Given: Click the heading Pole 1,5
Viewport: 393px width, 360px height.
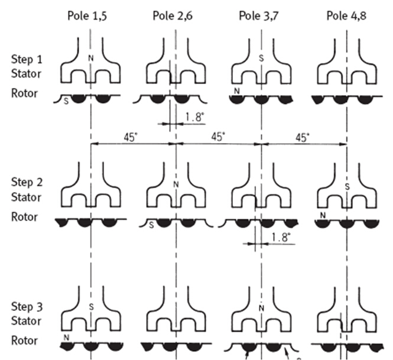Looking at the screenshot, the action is pyautogui.click(x=87, y=16).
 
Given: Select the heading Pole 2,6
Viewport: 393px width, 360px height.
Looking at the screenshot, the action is pyautogui.click(x=173, y=16).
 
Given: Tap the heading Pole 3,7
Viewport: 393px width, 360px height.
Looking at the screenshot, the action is pyautogui.click(x=259, y=16).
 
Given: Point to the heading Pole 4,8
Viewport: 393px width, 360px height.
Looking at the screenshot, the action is pyautogui.click(x=346, y=16).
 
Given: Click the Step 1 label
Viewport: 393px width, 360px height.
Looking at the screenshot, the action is pyautogui.click(x=27, y=60).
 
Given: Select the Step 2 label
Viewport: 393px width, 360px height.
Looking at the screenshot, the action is pyautogui.click(x=27, y=183).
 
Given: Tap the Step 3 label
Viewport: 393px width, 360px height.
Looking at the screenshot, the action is pyautogui.click(x=27, y=307).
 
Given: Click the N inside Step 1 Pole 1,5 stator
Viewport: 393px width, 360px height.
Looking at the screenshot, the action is pyautogui.click(x=91, y=59).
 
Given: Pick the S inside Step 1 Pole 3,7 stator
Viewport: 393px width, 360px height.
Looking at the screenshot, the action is pyautogui.click(x=261, y=59).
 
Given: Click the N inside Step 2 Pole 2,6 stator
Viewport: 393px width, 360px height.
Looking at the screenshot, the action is pyautogui.click(x=176, y=185).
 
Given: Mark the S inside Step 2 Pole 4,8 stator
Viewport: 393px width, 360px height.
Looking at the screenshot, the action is pyautogui.click(x=347, y=187).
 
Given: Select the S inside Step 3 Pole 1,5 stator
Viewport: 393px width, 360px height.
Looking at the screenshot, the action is pyautogui.click(x=91, y=307).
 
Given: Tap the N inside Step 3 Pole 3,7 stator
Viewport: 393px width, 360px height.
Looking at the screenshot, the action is pyautogui.click(x=261, y=309).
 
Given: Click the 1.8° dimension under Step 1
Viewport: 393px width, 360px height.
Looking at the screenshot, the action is pyautogui.click(x=194, y=117).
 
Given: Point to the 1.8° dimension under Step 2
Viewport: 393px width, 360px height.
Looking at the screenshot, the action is pyautogui.click(x=281, y=237).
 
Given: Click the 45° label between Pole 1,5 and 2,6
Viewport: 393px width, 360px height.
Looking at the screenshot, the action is pyautogui.click(x=131, y=137).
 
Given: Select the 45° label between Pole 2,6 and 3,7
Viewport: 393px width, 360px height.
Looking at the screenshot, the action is pyautogui.click(x=218, y=137).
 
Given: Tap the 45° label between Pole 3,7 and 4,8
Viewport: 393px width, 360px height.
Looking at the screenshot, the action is pyautogui.click(x=303, y=137).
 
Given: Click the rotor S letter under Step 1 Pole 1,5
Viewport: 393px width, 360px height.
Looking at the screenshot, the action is pyautogui.click(x=66, y=102).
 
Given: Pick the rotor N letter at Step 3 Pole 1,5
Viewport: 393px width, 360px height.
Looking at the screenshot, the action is pyautogui.click(x=66, y=338).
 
